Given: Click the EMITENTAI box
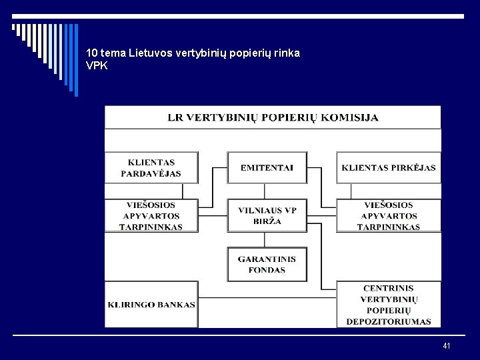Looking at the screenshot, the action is point(267,167).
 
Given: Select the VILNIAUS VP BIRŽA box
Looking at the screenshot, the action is point(267,215).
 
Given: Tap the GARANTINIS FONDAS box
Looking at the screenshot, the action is point(267,265).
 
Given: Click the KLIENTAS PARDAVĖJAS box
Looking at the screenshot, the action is point(151,167).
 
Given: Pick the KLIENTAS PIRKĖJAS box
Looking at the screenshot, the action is point(389,167).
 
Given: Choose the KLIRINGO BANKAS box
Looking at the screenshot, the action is point(151,305).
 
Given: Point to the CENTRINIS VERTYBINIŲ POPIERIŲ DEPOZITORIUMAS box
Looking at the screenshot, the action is point(389,305).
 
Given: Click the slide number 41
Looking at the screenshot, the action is point(446,345).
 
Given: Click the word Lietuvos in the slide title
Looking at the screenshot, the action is point(150,53).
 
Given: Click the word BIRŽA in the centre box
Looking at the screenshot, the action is point(267,221).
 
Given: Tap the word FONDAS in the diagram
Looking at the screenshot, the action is point(267,271).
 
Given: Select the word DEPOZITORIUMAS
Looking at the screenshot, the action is point(389,322).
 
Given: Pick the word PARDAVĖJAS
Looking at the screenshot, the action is point(151,173).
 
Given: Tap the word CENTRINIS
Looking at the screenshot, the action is point(389,288).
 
